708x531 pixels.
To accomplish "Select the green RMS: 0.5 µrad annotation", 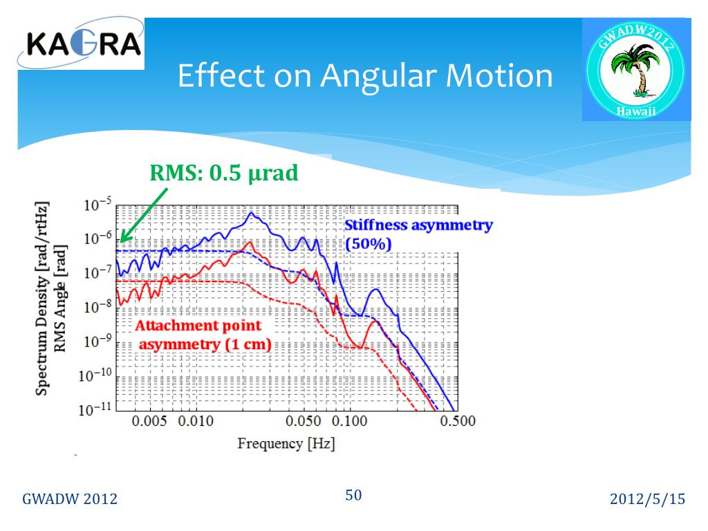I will click(224, 173).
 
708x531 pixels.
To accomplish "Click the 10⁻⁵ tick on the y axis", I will click(97, 205).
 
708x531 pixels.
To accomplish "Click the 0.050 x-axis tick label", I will click(304, 421).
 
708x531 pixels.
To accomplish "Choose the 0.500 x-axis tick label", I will click(457, 421).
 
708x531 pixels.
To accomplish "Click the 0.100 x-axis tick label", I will click(351, 421).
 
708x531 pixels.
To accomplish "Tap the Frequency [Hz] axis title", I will click(286, 443).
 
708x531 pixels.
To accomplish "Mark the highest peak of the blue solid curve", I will click(252, 214).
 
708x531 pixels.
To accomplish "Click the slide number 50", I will click(353, 495).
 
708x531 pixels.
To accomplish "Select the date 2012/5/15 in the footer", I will click(647, 499).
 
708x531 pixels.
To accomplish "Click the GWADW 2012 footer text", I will click(70, 500).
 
